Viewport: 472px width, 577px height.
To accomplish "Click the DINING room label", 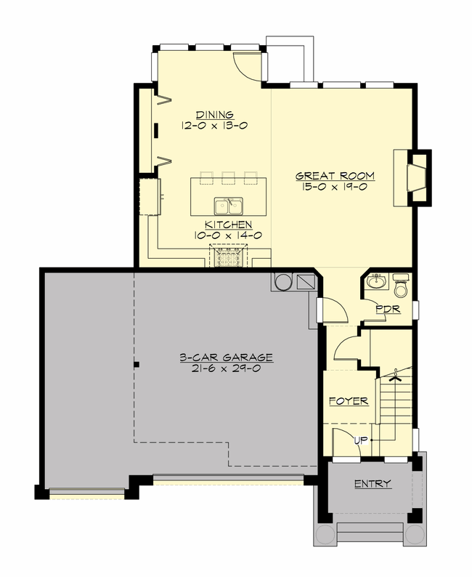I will tap(214, 114).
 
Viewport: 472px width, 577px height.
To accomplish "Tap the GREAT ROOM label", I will tap(335, 176).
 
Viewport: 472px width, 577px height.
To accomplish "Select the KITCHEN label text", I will tap(228, 225).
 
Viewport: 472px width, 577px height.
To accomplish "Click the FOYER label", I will tap(349, 401).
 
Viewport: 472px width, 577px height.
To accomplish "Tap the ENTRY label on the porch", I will tap(373, 484).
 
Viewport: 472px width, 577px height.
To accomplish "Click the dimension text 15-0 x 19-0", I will tap(335, 187).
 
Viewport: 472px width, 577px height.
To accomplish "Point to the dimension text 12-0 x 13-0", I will tap(214, 125).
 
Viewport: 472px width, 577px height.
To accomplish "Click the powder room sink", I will tap(375, 282).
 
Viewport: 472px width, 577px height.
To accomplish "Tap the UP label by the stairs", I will tap(359, 440).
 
